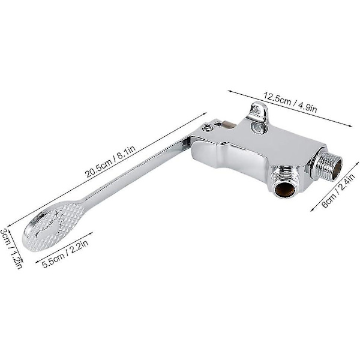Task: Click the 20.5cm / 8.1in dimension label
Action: [110, 161]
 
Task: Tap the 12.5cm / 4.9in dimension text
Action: [290, 103]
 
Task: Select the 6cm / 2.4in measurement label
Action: [338, 190]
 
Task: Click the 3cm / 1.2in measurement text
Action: [11, 248]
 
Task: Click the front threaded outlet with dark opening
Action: [284, 184]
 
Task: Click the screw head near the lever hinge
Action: [208, 127]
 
